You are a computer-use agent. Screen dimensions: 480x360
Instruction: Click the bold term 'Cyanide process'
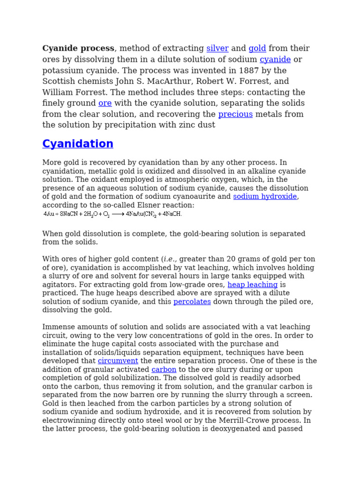[78, 49]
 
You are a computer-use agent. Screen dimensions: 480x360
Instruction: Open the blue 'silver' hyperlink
[217, 49]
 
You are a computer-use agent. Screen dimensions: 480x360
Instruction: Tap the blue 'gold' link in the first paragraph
[257, 49]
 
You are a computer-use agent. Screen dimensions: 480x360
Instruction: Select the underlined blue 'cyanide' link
[275, 60]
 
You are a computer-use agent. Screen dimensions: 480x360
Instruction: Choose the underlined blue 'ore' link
[105, 104]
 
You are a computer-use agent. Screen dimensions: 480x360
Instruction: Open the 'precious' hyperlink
[235, 114]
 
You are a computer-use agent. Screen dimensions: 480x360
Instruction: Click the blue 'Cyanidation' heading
[78, 144]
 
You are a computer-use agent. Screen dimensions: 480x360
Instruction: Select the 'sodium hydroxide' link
[265, 197]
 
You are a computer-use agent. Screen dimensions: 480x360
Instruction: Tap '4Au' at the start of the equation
[49, 214]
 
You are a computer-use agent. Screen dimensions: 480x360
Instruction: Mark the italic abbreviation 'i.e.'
[170, 259]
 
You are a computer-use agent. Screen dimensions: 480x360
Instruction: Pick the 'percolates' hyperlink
[192, 302]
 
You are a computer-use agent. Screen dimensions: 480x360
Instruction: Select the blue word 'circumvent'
[118, 361]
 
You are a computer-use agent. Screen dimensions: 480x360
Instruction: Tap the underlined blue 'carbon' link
[164, 369]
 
